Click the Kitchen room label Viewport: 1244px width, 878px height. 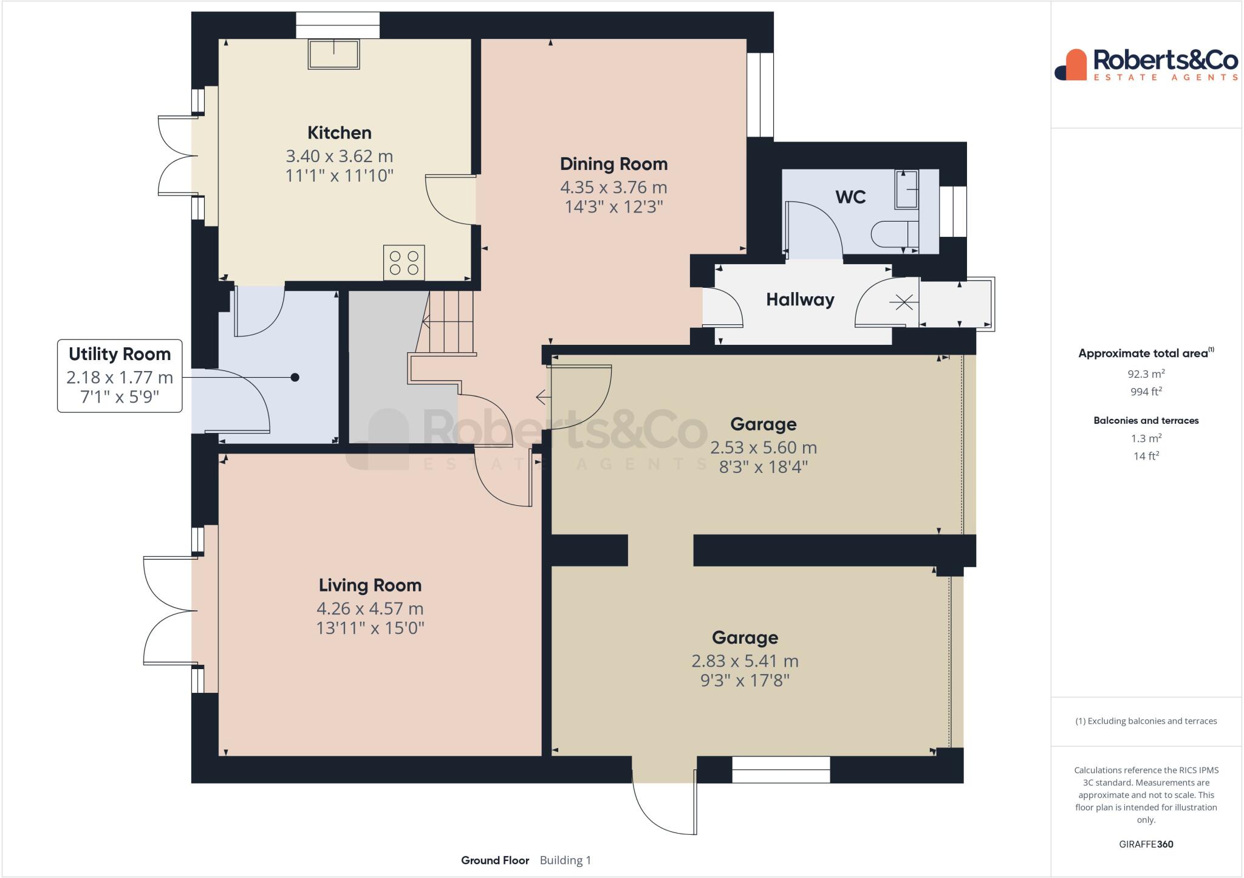coord(339,133)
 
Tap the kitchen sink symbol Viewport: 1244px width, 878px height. coord(334,54)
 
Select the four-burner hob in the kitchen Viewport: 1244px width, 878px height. coord(404,263)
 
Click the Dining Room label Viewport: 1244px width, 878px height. coord(613,164)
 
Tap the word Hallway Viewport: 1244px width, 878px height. coord(800,299)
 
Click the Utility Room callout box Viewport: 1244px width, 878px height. coord(120,376)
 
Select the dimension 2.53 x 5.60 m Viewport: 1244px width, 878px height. coord(764,448)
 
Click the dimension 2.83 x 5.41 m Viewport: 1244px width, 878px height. coord(745,661)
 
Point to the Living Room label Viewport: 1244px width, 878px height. coord(370,585)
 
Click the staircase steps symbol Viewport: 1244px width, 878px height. coord(448,322)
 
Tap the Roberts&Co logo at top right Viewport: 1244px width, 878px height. coord(1146,64)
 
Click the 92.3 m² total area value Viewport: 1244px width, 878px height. coord(1146,374)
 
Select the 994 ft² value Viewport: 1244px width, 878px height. coord(1146,392)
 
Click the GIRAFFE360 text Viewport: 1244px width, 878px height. coord(1146,844)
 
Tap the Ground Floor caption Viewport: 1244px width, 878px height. coord(495,860)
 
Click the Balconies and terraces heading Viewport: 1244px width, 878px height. coord(1146,420)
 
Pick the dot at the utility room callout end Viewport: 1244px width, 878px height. coord(295,378)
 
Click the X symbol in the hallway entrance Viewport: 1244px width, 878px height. coord(904,302)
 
